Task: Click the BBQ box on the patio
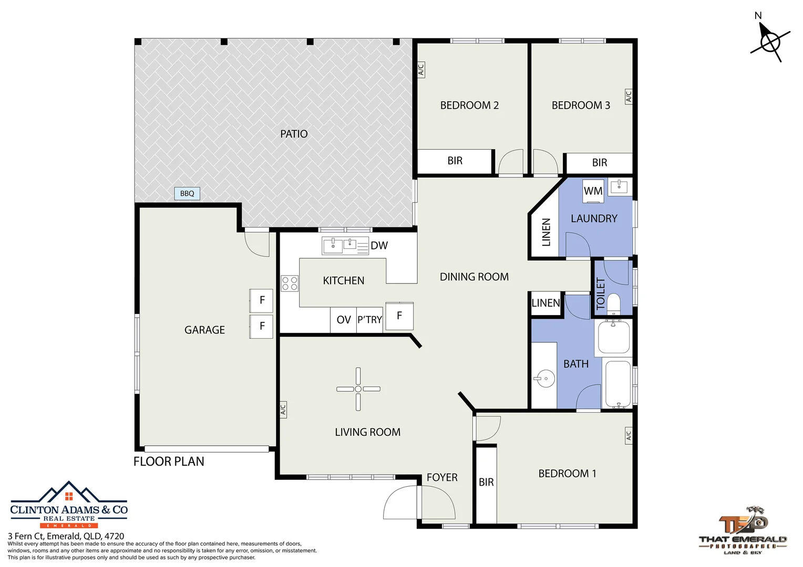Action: click(187, 193)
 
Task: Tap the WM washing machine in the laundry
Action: click(593, 191)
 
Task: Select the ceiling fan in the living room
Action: click(358, 389)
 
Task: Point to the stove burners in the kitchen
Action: click(289, 283)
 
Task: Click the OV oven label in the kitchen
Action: click(343, 320)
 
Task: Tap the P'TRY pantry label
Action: click(369, 320)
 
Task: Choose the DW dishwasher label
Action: click(379, 245)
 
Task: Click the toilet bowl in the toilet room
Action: click(613, 303)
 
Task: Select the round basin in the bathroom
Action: click(544, 378)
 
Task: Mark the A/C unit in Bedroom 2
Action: click(421, 69)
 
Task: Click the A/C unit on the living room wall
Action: click(283, 409)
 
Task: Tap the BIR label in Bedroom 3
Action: click(600, 163)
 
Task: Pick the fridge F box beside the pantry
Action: click(399, 316)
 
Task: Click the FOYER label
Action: click(442, 477)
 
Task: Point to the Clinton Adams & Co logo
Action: click(69, 505)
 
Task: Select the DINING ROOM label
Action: click(474, 277)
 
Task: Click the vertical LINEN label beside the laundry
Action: click(546, 232)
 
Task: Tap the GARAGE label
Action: click(204, 330)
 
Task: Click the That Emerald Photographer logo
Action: click(743, 530)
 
